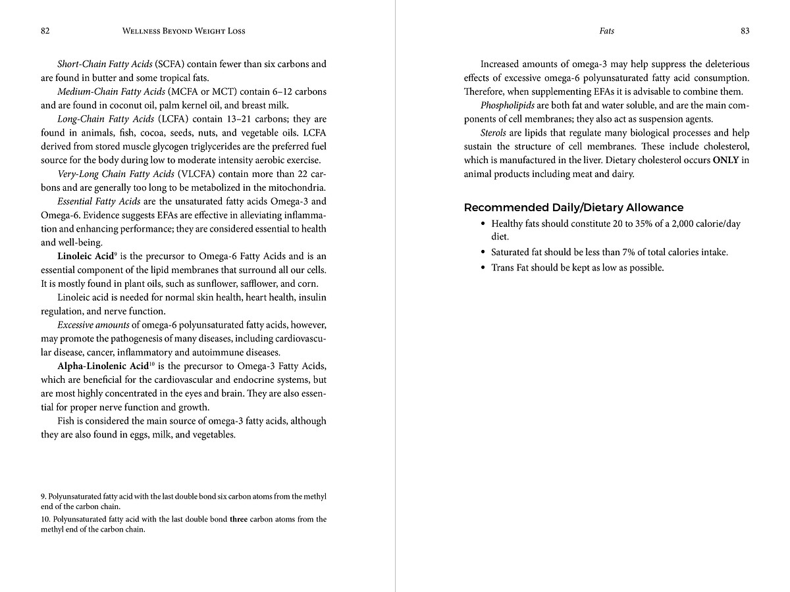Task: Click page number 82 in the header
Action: click(45, 31)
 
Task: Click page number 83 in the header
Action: click(745, 31)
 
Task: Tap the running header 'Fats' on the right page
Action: click(606, 31)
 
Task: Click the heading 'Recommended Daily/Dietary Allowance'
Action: click(573, 208)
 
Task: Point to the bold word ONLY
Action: click(725, 160)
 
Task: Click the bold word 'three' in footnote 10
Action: click(238, 519)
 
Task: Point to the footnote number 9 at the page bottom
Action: click(43, 497)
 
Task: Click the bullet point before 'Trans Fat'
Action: click(483, 268)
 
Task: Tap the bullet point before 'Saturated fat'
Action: click(483, 253)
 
